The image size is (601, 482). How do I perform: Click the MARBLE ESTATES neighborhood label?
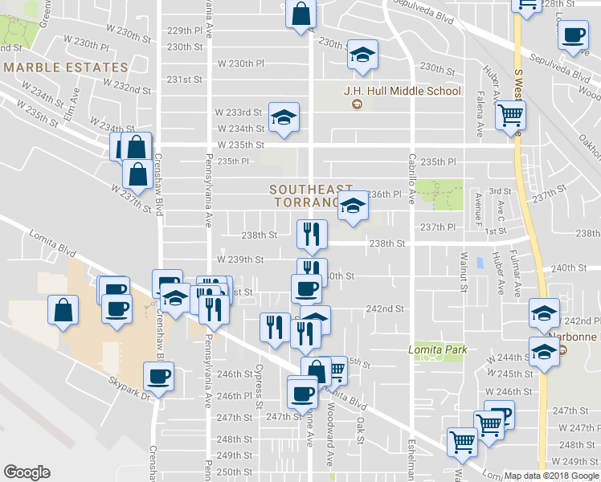point(65,67)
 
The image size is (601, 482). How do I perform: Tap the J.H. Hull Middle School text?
point(402,91)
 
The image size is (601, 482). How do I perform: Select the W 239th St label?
point(240,259)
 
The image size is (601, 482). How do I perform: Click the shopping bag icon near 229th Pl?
point(300,14)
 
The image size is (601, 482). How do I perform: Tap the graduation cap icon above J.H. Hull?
point(362,55)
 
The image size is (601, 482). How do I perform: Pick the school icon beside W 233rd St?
point(284,118)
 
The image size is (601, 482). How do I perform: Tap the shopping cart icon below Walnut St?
point(463,441)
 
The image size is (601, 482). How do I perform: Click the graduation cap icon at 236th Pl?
point(351,206)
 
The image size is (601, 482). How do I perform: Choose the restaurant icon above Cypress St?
point(274,327)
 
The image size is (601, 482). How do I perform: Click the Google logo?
point(27,473)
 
